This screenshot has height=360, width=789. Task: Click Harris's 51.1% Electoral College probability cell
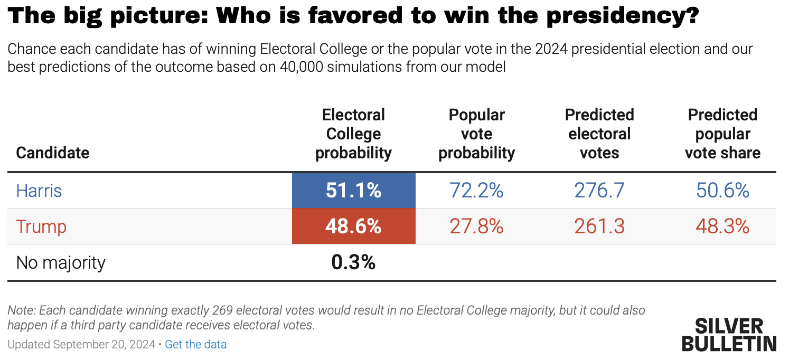click(x=353, y=191)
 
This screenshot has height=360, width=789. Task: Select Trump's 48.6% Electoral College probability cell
click(x=353, y=226)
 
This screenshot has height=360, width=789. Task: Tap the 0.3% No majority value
click(x=353, y=262)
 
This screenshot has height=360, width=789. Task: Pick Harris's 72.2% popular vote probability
click(x=476, y=191)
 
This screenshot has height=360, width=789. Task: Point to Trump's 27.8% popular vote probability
click(x=476, y=226)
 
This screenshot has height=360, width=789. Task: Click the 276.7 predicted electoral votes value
click(x=599, y=191)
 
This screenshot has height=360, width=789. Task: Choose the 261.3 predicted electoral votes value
click(x=599, y=226)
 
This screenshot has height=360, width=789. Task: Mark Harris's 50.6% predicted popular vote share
click(x=722, y=191)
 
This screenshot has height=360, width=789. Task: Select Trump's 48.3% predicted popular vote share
click(x=722, y=226)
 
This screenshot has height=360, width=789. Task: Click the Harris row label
click(x=39, y=191)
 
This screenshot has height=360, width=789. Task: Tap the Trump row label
click(x=41, y=226)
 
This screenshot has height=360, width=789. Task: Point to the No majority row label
click(x=61, y=262)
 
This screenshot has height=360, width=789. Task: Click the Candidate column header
click(x=53, y=153)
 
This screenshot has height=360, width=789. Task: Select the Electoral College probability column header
click(x=353, y=134)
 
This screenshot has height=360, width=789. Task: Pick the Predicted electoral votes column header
click(x=599, y=134)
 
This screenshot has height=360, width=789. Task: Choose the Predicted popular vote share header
click(x=722, y=134)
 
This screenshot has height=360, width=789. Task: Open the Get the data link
click(x=195, y=345)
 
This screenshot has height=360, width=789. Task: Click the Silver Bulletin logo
click(x=729, y=335)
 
